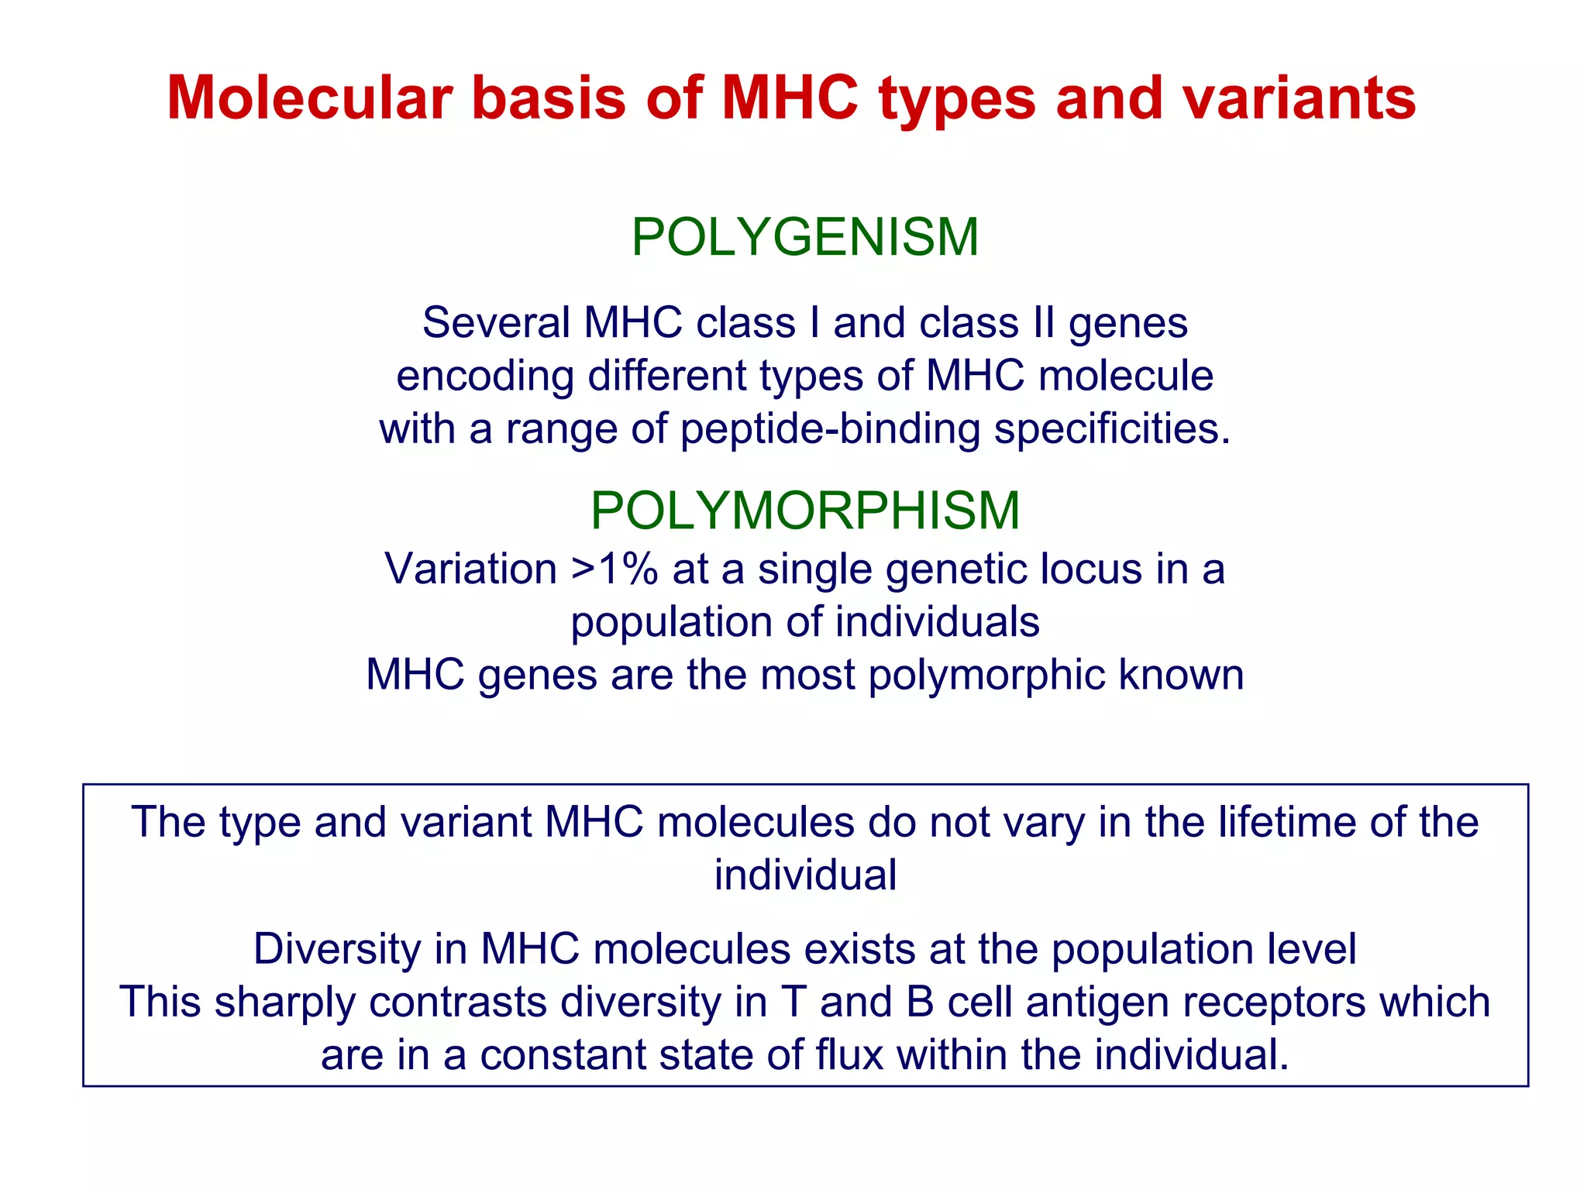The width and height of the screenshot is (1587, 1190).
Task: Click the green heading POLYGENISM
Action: pos(805,237)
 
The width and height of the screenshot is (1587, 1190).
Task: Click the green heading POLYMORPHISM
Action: pos(805,511)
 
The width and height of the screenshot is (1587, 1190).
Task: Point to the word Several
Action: pos(496,323)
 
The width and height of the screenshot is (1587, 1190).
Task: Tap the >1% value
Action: pos(614,569)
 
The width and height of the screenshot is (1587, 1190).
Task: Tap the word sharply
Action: pos(284,1003)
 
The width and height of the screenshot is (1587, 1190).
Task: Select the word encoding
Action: pos(485,377)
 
